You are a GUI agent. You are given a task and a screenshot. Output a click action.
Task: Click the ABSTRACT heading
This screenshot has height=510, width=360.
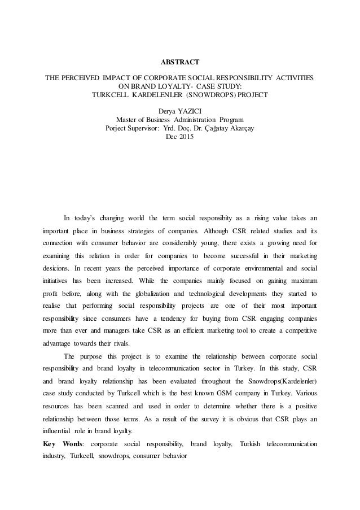pos(180,59)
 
